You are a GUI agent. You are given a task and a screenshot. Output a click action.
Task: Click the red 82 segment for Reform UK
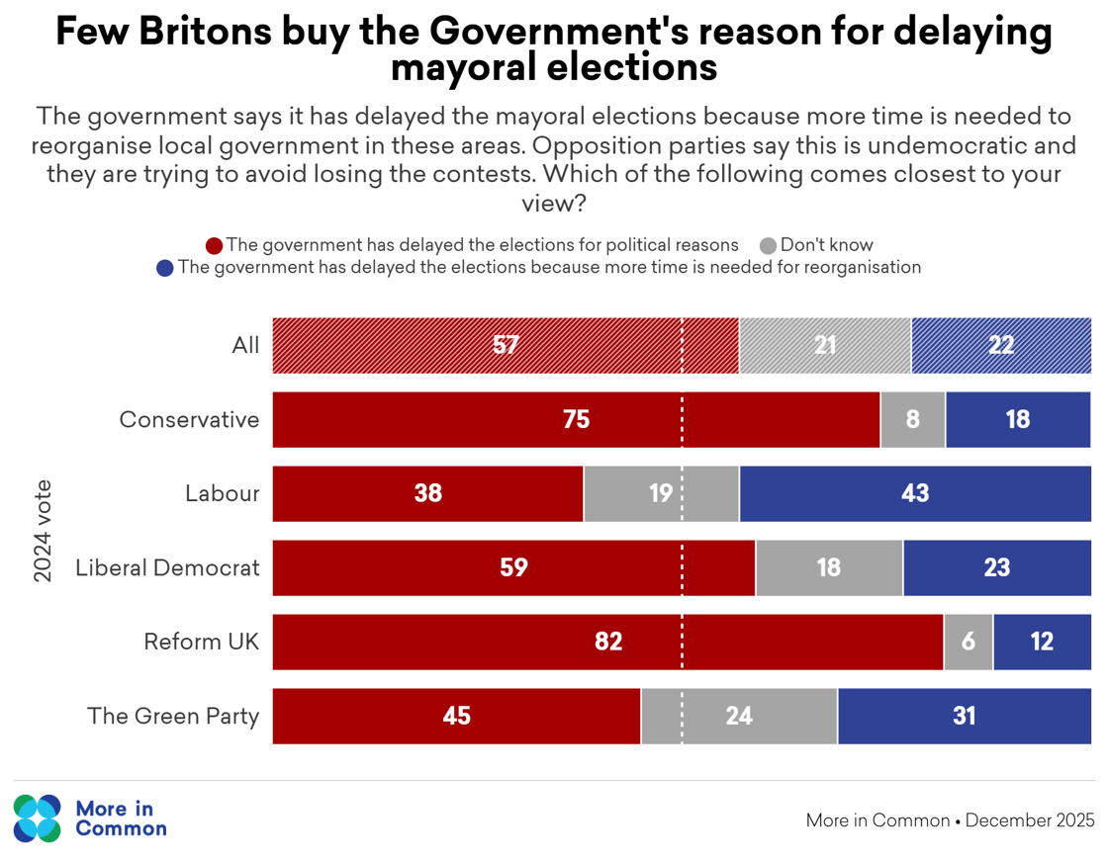point(607,642)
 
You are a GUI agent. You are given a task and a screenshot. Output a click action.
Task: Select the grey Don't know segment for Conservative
point(912,419)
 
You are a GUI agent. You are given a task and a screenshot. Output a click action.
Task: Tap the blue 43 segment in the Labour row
point(915,493)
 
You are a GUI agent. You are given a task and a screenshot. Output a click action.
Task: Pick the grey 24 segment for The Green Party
point(739,716)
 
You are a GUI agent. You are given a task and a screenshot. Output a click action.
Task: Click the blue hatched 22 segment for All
point(1001,345)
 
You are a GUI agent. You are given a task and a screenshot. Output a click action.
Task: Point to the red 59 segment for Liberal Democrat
point(513,567)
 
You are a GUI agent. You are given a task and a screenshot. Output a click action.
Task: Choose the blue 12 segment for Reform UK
point(1042,642)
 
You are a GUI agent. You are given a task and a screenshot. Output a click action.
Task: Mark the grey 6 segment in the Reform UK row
point(969,642)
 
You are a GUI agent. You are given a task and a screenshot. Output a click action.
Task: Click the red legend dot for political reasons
point(214,245)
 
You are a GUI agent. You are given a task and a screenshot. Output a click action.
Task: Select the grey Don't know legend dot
point(769,245)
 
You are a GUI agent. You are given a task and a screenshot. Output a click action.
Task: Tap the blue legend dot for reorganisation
point(165,268)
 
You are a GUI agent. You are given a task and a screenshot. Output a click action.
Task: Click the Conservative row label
point(189,419)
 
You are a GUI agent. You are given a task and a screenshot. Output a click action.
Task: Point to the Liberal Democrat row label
point(167,567)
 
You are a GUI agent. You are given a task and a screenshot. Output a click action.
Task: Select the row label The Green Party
point(173,716)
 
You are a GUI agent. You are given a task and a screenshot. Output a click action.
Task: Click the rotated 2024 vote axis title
point(44,531)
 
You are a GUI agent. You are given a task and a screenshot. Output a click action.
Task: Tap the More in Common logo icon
point(38,818)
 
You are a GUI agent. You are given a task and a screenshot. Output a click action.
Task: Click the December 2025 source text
point(1030,820)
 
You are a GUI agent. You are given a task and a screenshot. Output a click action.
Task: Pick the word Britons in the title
point(204,33)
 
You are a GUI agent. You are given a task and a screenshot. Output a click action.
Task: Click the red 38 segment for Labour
point(427,493)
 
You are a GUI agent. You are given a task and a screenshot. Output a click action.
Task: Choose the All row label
point(245,345)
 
